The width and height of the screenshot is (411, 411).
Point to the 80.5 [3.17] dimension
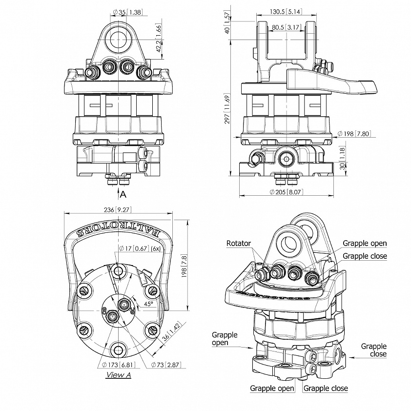[x=286, y=27]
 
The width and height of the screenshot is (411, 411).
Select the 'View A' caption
[x=119, y=375]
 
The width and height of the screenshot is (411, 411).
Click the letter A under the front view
[x=123, y=194]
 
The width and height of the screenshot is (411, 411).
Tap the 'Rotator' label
[x=239, y=243]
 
